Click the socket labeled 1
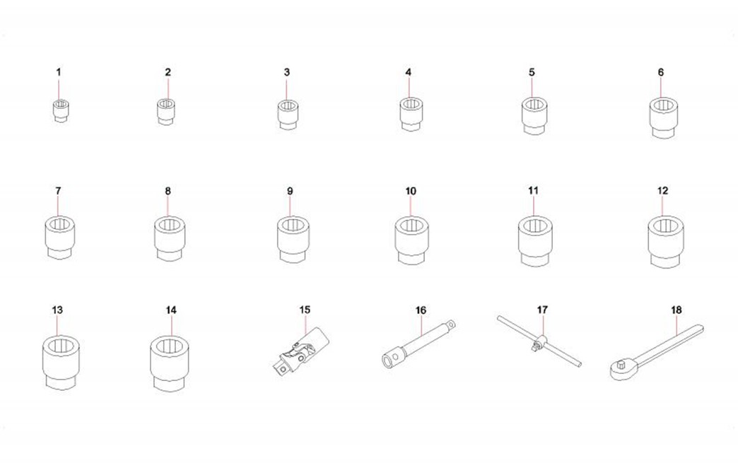(x=60, y=111)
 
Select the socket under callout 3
(x=288, y=115)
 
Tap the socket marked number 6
(x=664, y=117)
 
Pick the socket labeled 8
(x=170, y=238)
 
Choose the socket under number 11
(x=535, y=240)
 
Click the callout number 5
(x=532, y=72)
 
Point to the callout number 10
(x=411, y=191)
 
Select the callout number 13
(x=57, y=310)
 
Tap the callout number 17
(x=542, y=310)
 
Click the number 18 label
(x=676, y=310)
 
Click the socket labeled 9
(x=293, y=239)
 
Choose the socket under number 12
(x=665, y=241)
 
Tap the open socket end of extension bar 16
(x=388, y=361)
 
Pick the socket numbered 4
(x=411, y=114)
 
